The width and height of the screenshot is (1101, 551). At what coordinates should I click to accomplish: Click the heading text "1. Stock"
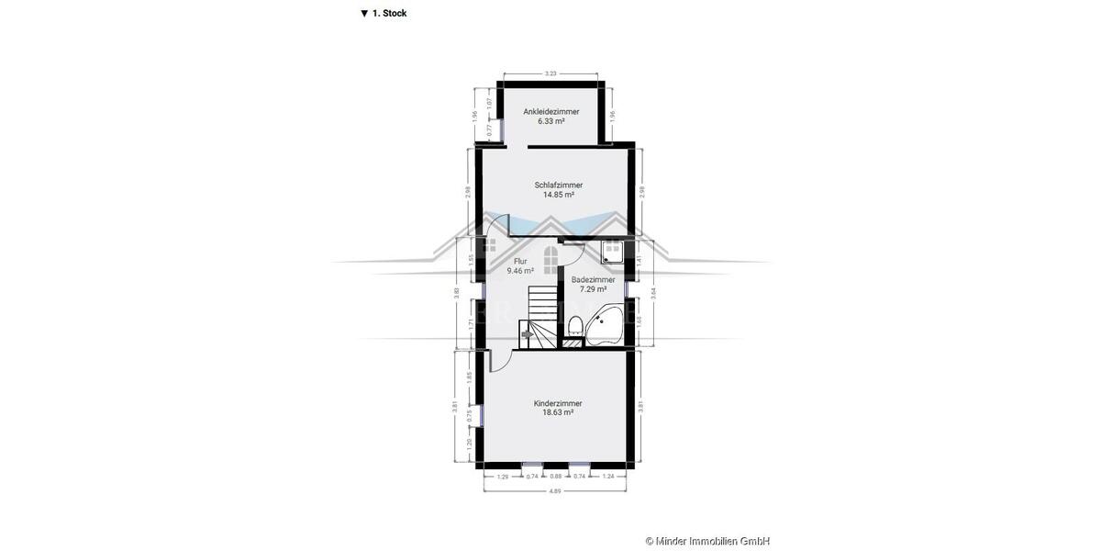(389, 14)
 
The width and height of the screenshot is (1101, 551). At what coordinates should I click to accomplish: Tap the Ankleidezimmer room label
(550, 111)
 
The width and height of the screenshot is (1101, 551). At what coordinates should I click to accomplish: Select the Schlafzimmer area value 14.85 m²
(558, 195)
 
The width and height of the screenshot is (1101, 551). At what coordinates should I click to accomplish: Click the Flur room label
(520, 262)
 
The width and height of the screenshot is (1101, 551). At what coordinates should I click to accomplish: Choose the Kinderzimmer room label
(558, 403)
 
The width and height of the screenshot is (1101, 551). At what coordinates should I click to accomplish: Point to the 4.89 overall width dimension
(556, 492)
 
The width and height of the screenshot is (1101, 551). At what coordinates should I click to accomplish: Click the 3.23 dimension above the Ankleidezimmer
(550, 73)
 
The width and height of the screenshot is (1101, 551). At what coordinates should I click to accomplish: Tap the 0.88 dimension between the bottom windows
(556, 477)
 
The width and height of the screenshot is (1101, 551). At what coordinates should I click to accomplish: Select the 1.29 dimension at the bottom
(502, 477)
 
